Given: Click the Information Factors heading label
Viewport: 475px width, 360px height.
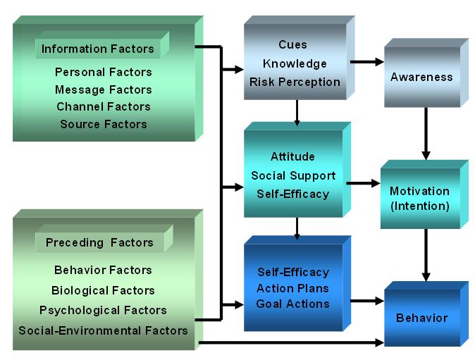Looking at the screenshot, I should click(x=97, y=49).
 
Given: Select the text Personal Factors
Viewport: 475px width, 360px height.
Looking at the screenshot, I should click(x=103, y=72).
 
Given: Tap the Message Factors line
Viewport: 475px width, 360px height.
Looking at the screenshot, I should click(x=103, y=89).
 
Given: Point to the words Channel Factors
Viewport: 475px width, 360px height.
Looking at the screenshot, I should click(x=103, y=106).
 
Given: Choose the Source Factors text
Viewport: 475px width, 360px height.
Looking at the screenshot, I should click(x=103, y=124).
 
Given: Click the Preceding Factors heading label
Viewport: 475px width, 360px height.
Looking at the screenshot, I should click(x=99, y=242).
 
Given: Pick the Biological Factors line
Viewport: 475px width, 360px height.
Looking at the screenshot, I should click(x=103, y=290).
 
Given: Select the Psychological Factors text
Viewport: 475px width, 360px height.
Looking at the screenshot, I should click(x=103, y=310).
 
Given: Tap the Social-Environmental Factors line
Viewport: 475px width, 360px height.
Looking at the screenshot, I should click(x=103, y=330).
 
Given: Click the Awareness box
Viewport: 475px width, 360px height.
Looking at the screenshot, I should click(x=421, y=77).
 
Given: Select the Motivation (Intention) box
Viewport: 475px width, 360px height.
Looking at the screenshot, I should click(x=419, y=199).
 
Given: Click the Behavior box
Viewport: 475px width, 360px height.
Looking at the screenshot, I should click(x=421, y=318).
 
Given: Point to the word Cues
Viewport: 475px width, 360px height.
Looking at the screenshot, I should click(x=293, y=44).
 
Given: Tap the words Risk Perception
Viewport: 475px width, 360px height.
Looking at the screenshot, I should click(x=295, y=82).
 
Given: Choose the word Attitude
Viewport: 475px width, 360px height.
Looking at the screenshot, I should click(x=292, y=156).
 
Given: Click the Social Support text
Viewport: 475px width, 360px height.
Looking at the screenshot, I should click(x=292, y=175).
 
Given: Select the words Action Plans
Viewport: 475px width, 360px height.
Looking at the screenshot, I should click(x=292, y=288).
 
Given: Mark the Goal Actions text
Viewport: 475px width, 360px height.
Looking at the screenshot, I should click(x=292, y=304).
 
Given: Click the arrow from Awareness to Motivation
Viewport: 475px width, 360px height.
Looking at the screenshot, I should click(x=425, y=134).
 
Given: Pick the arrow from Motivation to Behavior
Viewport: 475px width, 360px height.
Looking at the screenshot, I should click(x=425, y=254).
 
